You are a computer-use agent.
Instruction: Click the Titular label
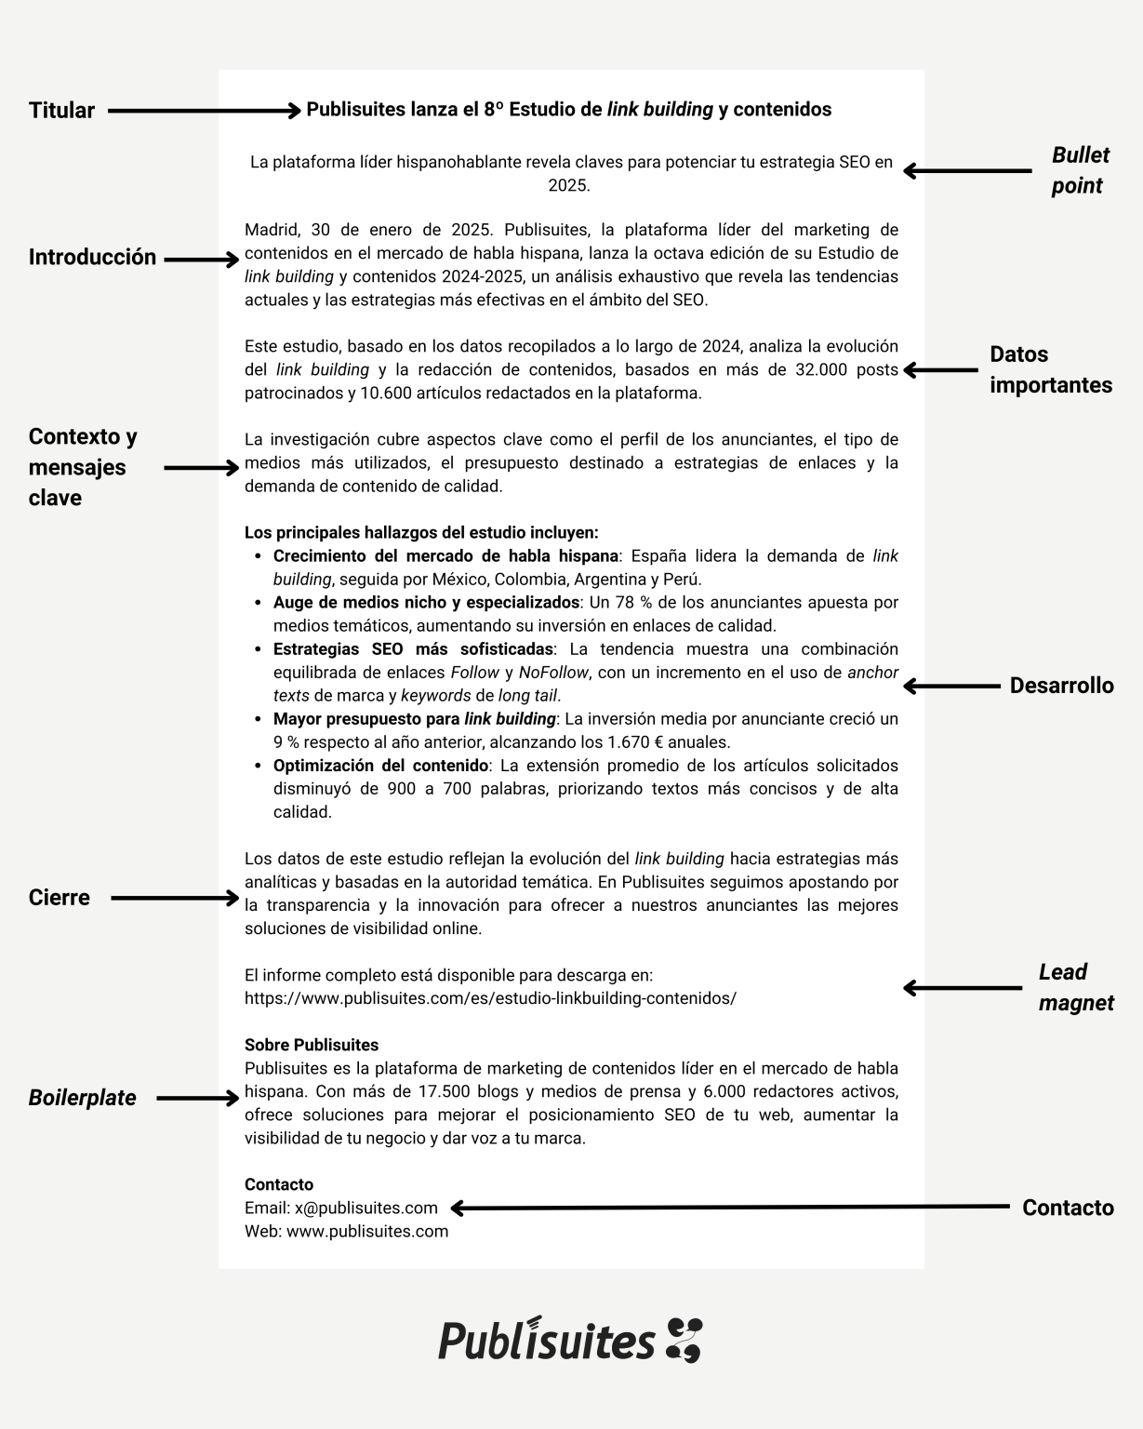tap(61, 111)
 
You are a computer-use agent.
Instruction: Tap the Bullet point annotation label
tap(1080, 170)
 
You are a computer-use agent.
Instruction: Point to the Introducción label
tap(92, 258)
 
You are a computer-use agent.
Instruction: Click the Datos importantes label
tap(1050, 369)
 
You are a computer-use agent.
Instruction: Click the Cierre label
tap(59, 898)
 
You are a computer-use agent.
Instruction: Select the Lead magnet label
tap(1075, 987)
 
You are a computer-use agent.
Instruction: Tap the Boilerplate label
tap(82, 1098)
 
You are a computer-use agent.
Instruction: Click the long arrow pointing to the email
tap(730, 1208)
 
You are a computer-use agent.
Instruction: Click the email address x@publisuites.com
tap(365, 1208)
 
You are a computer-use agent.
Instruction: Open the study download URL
tap(490, 998)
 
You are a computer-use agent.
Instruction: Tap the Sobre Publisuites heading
tap(312, 1045)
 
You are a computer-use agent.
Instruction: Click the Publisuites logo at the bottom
tap(570, 1341)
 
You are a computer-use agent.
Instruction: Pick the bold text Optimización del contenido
tap(380, 766)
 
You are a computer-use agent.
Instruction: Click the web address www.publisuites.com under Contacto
tap(367, 1231)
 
